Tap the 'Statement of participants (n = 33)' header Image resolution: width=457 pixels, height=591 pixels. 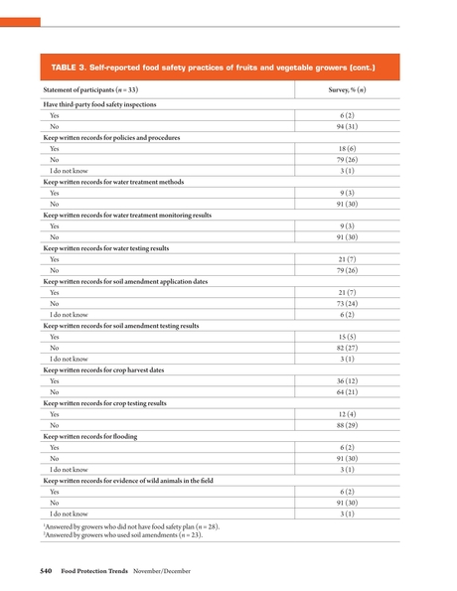click(89, 90)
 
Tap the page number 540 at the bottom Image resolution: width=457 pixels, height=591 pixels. click(46, 571)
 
